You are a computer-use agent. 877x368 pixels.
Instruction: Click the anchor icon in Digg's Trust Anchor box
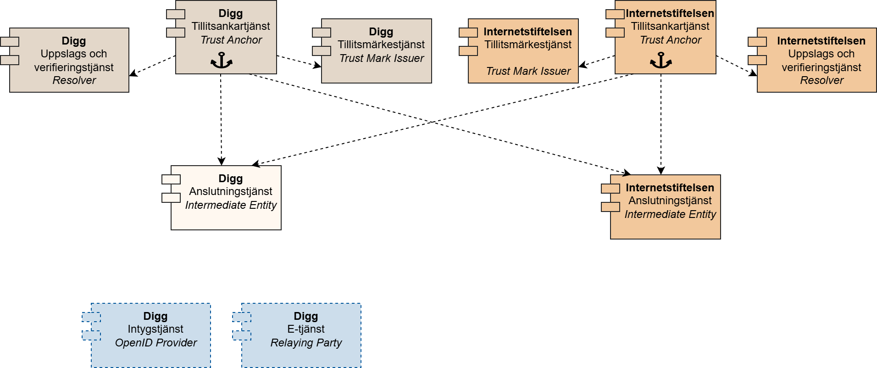(x=222, y=61)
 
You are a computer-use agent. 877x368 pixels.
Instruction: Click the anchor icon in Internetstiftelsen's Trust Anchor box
(x=661, y=61)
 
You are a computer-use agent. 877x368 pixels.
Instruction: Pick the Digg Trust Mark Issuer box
(x=377, y=51)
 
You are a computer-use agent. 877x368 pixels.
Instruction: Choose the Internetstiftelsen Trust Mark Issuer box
(x=523, y=51)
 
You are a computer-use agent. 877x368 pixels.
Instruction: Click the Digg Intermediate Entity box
(x=226, y=198)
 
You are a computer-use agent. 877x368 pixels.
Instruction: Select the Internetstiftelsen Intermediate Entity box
(x=666, y=207)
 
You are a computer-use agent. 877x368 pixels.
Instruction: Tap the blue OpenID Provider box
(x=151, y=335)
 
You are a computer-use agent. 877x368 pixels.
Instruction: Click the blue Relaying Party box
(x=301, y=335)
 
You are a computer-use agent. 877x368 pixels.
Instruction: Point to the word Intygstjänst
(x=155, y=329)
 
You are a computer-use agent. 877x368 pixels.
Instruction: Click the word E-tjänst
(x=306, y=329)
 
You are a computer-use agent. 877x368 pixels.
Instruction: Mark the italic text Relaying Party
(x=306, y=343)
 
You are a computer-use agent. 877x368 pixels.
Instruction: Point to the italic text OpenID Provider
(x=155, y=343)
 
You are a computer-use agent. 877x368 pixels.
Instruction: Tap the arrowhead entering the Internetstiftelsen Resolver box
(x=754, y=73)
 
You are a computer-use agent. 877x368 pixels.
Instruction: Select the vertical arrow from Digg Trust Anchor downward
(x=221, y=119)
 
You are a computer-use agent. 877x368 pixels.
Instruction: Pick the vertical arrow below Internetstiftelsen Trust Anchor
(x=661, y=124)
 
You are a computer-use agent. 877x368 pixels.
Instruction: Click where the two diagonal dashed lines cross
(x=432, y=122)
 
